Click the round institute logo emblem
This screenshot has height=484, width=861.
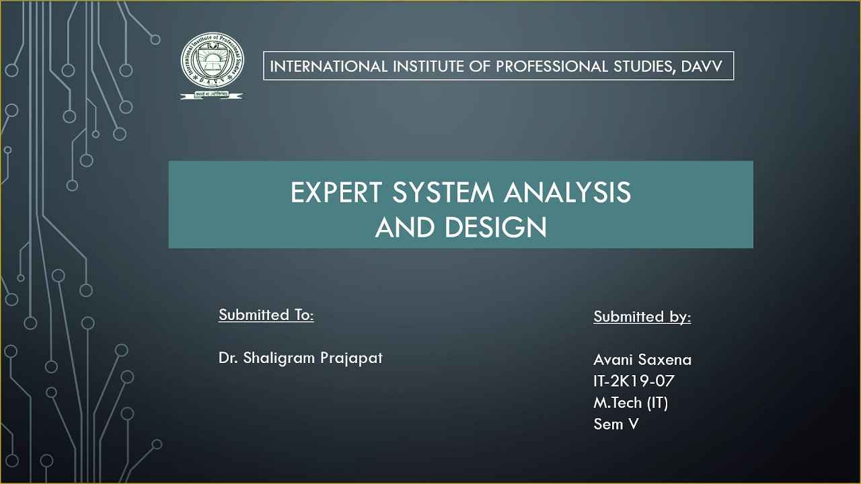(213, 63)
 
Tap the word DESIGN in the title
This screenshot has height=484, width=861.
(495, 228)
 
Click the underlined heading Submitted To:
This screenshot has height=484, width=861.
(266, 315)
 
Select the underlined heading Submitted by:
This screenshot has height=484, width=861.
(642, 317)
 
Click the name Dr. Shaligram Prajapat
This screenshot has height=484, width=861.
(300, 358)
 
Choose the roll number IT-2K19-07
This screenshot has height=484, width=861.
(634, 381)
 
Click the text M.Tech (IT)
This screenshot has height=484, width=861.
(630, 403)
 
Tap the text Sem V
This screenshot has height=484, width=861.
(615, 424)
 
